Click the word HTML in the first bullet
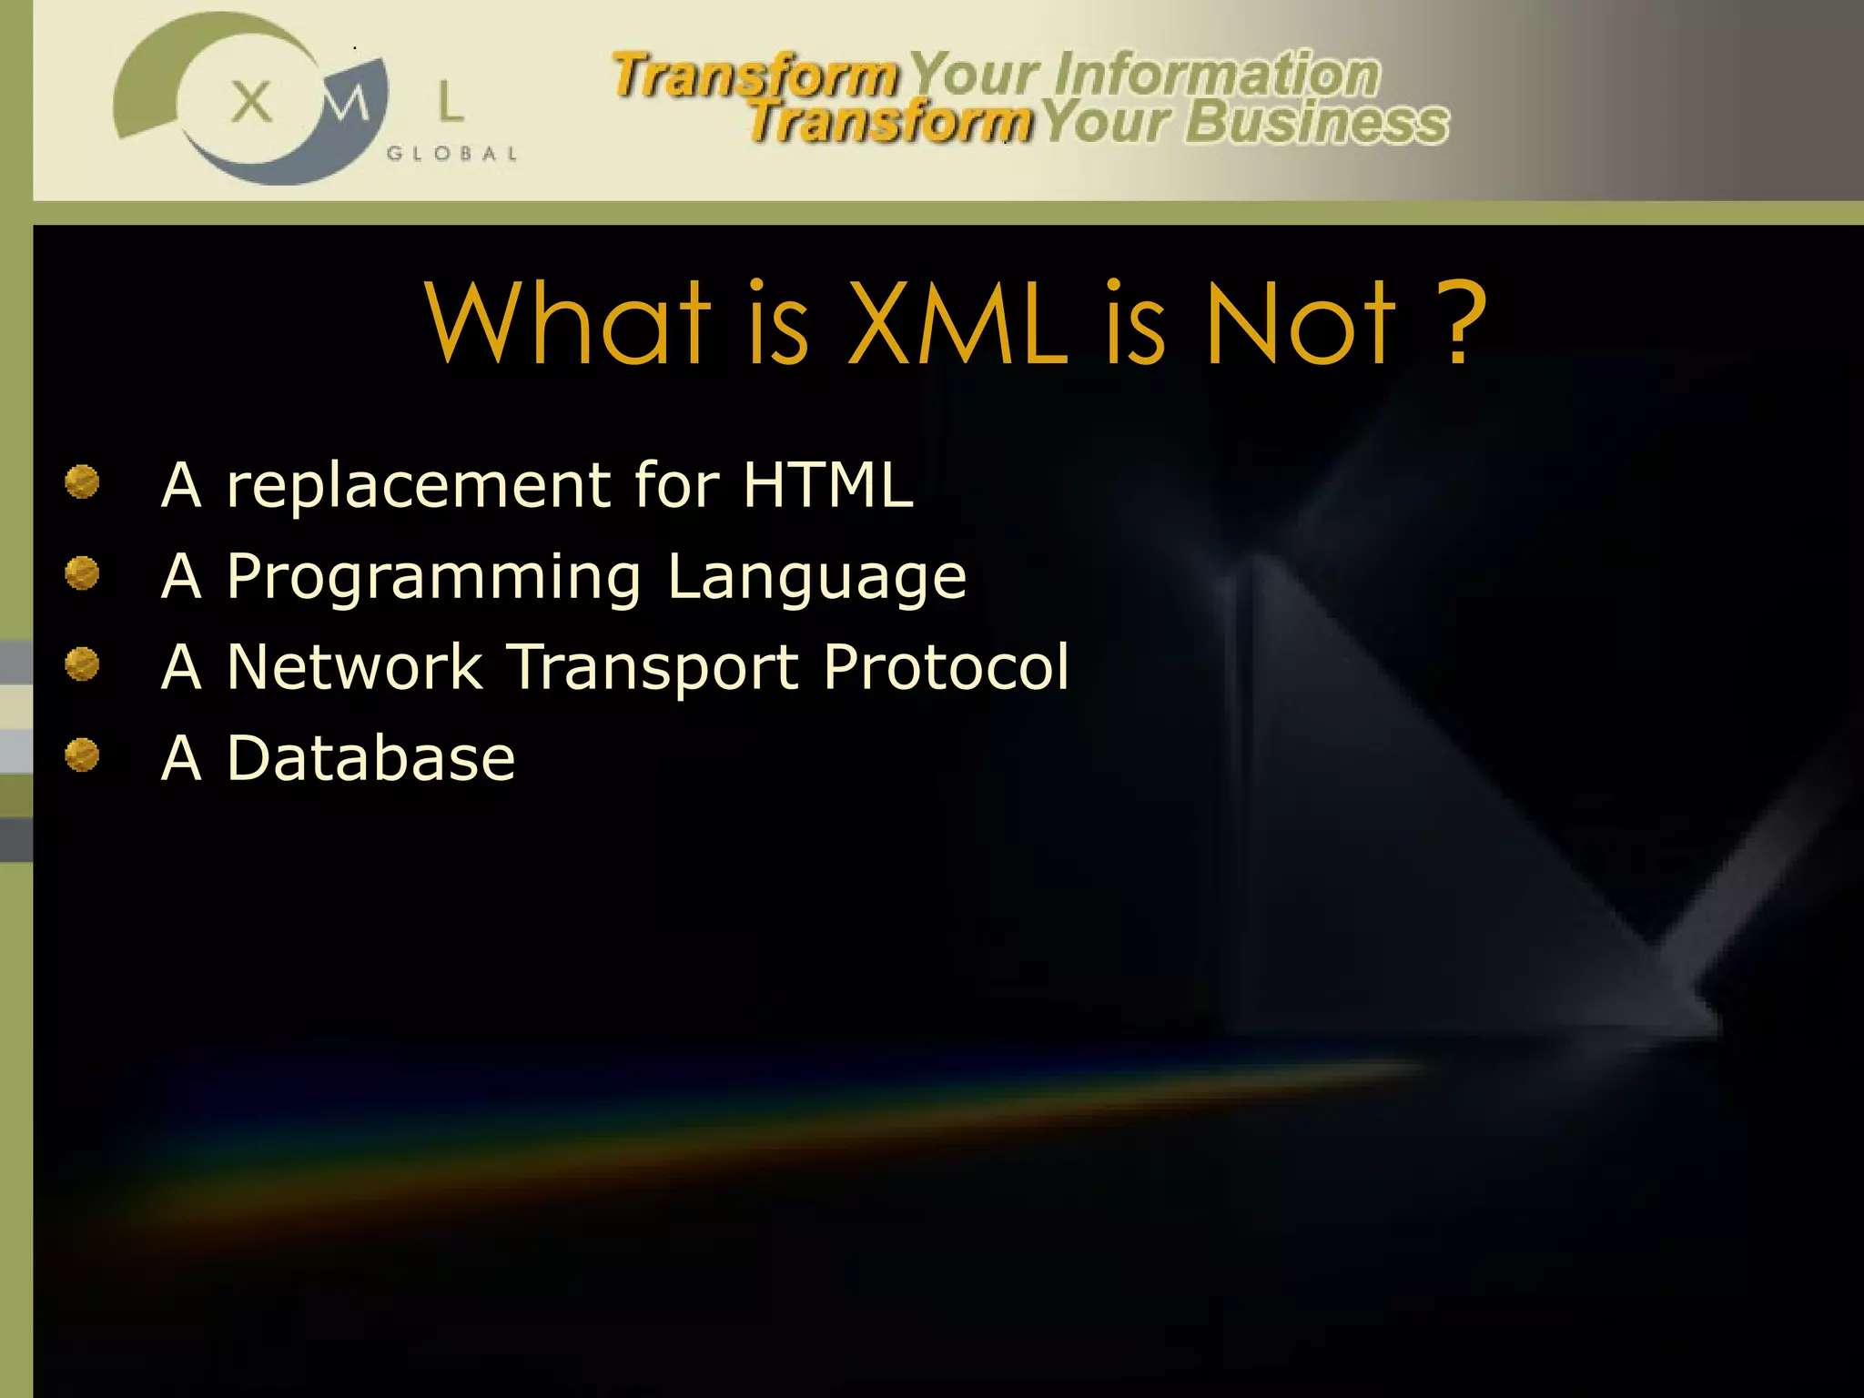(827, 484)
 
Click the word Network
(354, 666)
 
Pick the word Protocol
(946, 666)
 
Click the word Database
(370, 757)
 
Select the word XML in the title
(957, 322)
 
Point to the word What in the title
(567, 322)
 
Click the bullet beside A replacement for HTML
(82, 482)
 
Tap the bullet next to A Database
(82, 755)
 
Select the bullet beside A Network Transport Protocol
(82, 664)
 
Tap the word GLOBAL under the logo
(451, 154)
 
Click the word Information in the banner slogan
(1217, 74)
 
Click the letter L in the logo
(451, 101)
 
